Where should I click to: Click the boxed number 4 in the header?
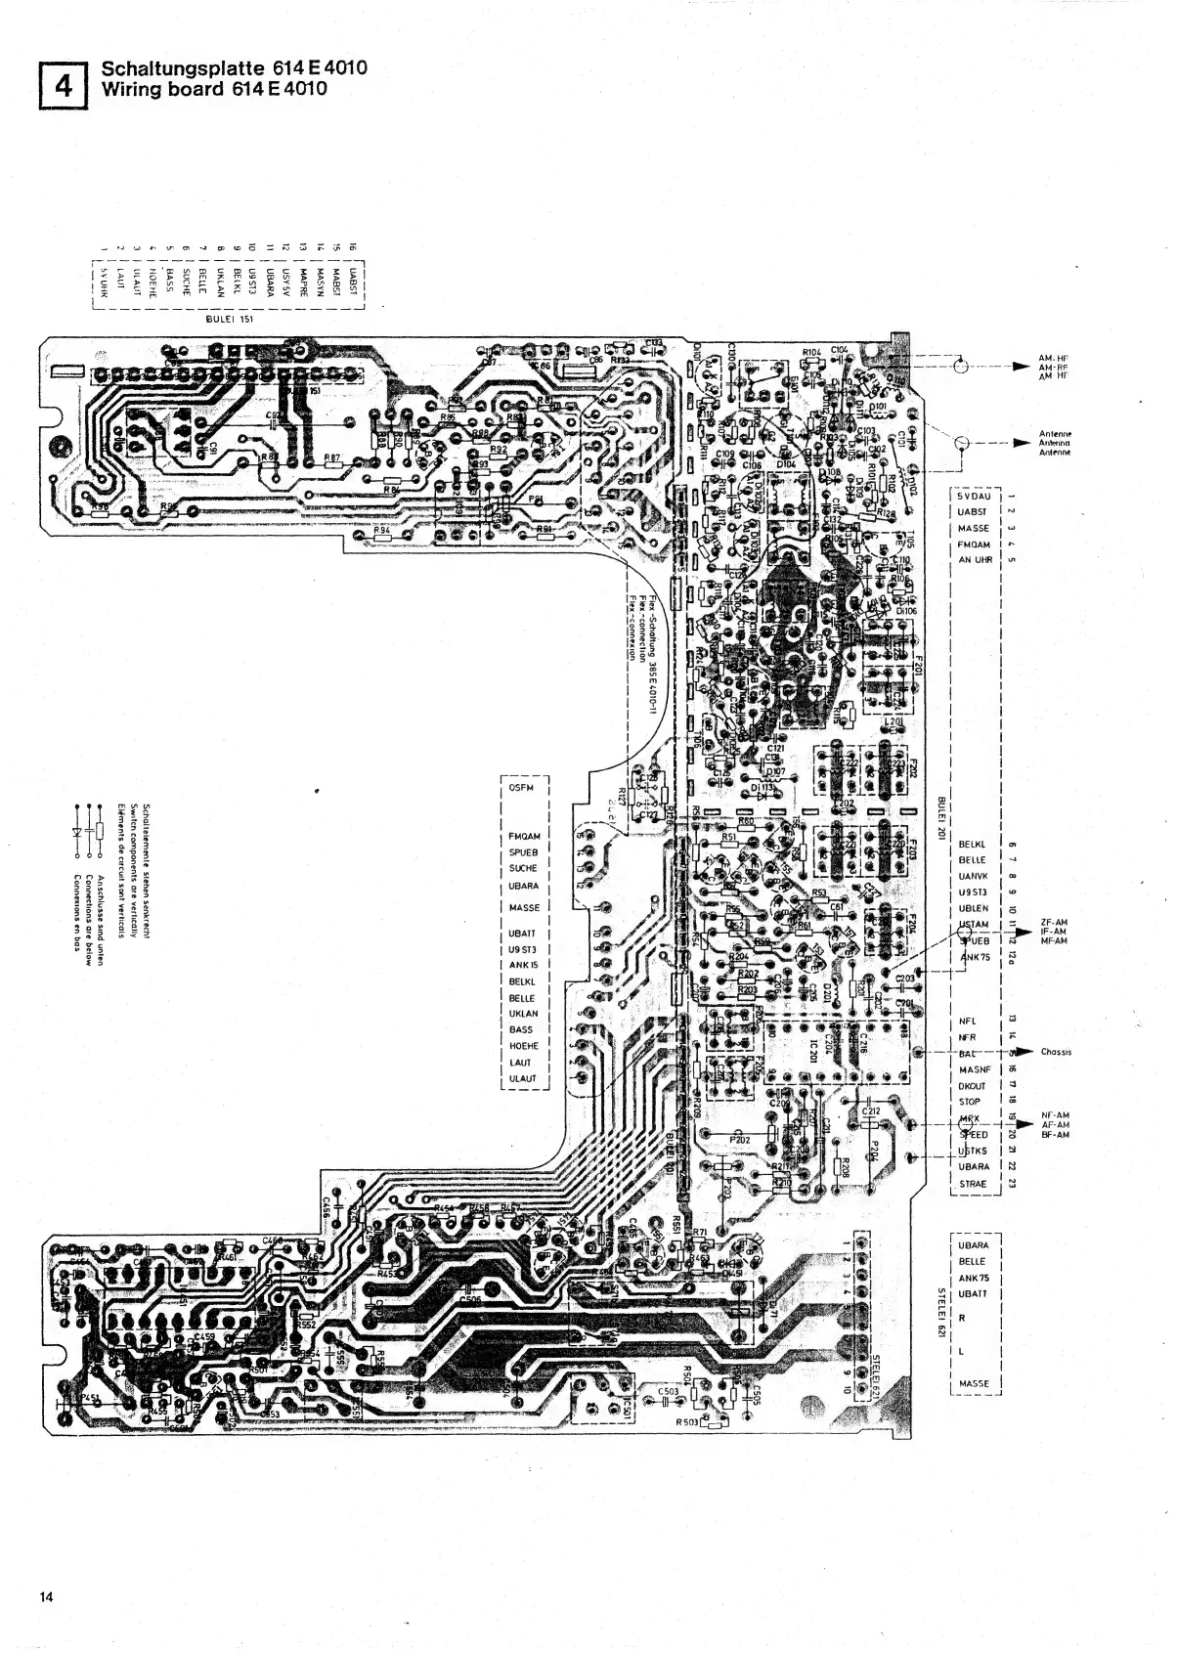[x=65, y=86]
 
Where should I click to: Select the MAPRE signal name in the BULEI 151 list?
[x=304, y=277]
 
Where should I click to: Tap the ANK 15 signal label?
[x=524, y=965]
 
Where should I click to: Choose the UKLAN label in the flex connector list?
[x=523, y=1014]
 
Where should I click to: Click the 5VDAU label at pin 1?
[x=975, y=497]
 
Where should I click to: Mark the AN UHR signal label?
[x=975, y=560]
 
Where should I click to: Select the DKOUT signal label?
[x=973, y=1086]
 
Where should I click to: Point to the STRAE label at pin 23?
[x=974, y=1184]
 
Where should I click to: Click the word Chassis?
[x=1057, y=1052]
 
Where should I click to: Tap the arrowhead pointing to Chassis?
[x=1023, y=1052]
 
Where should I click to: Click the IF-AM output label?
[x=1056, y=932]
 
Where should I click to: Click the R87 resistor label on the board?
[x=332, y=457]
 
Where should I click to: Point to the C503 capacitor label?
[x=669, y=1390]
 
